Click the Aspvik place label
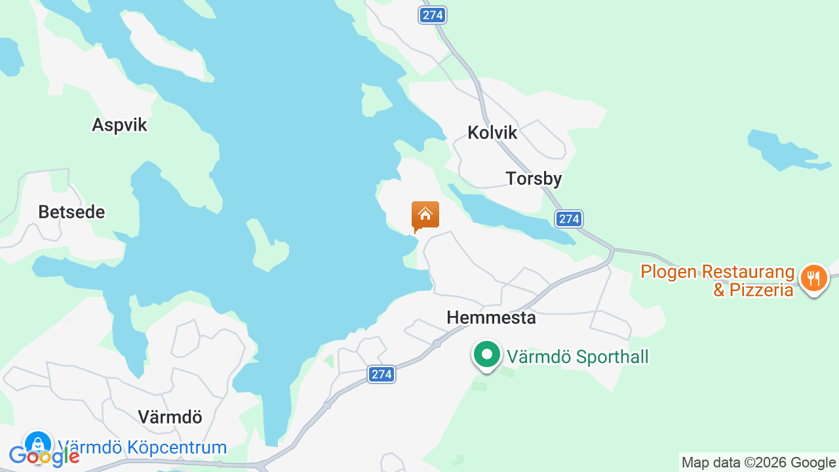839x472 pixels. click(120, 125)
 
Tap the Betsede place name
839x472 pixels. click(71, 212)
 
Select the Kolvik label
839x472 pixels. click(492, 133)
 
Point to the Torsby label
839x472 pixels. click(534, 179)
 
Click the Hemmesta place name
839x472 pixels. click(491, 318)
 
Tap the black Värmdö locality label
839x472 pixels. click(170, 417)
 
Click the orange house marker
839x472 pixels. click(425, 216)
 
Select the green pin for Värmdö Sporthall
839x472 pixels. click(486, 355)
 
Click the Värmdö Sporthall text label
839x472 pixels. click(577, 357)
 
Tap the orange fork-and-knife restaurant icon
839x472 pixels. click(813, 278)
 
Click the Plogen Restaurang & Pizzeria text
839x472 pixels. click(718, 281)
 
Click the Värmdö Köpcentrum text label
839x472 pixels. click(142, 448)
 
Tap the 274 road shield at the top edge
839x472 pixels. click(433, 15)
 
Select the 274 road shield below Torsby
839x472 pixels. click(569, 219)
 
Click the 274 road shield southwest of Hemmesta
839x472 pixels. click(381, 374)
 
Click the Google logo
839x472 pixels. click(44, 456)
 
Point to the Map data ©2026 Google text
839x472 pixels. click(758, 463)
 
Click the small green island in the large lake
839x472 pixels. click(269, 248)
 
